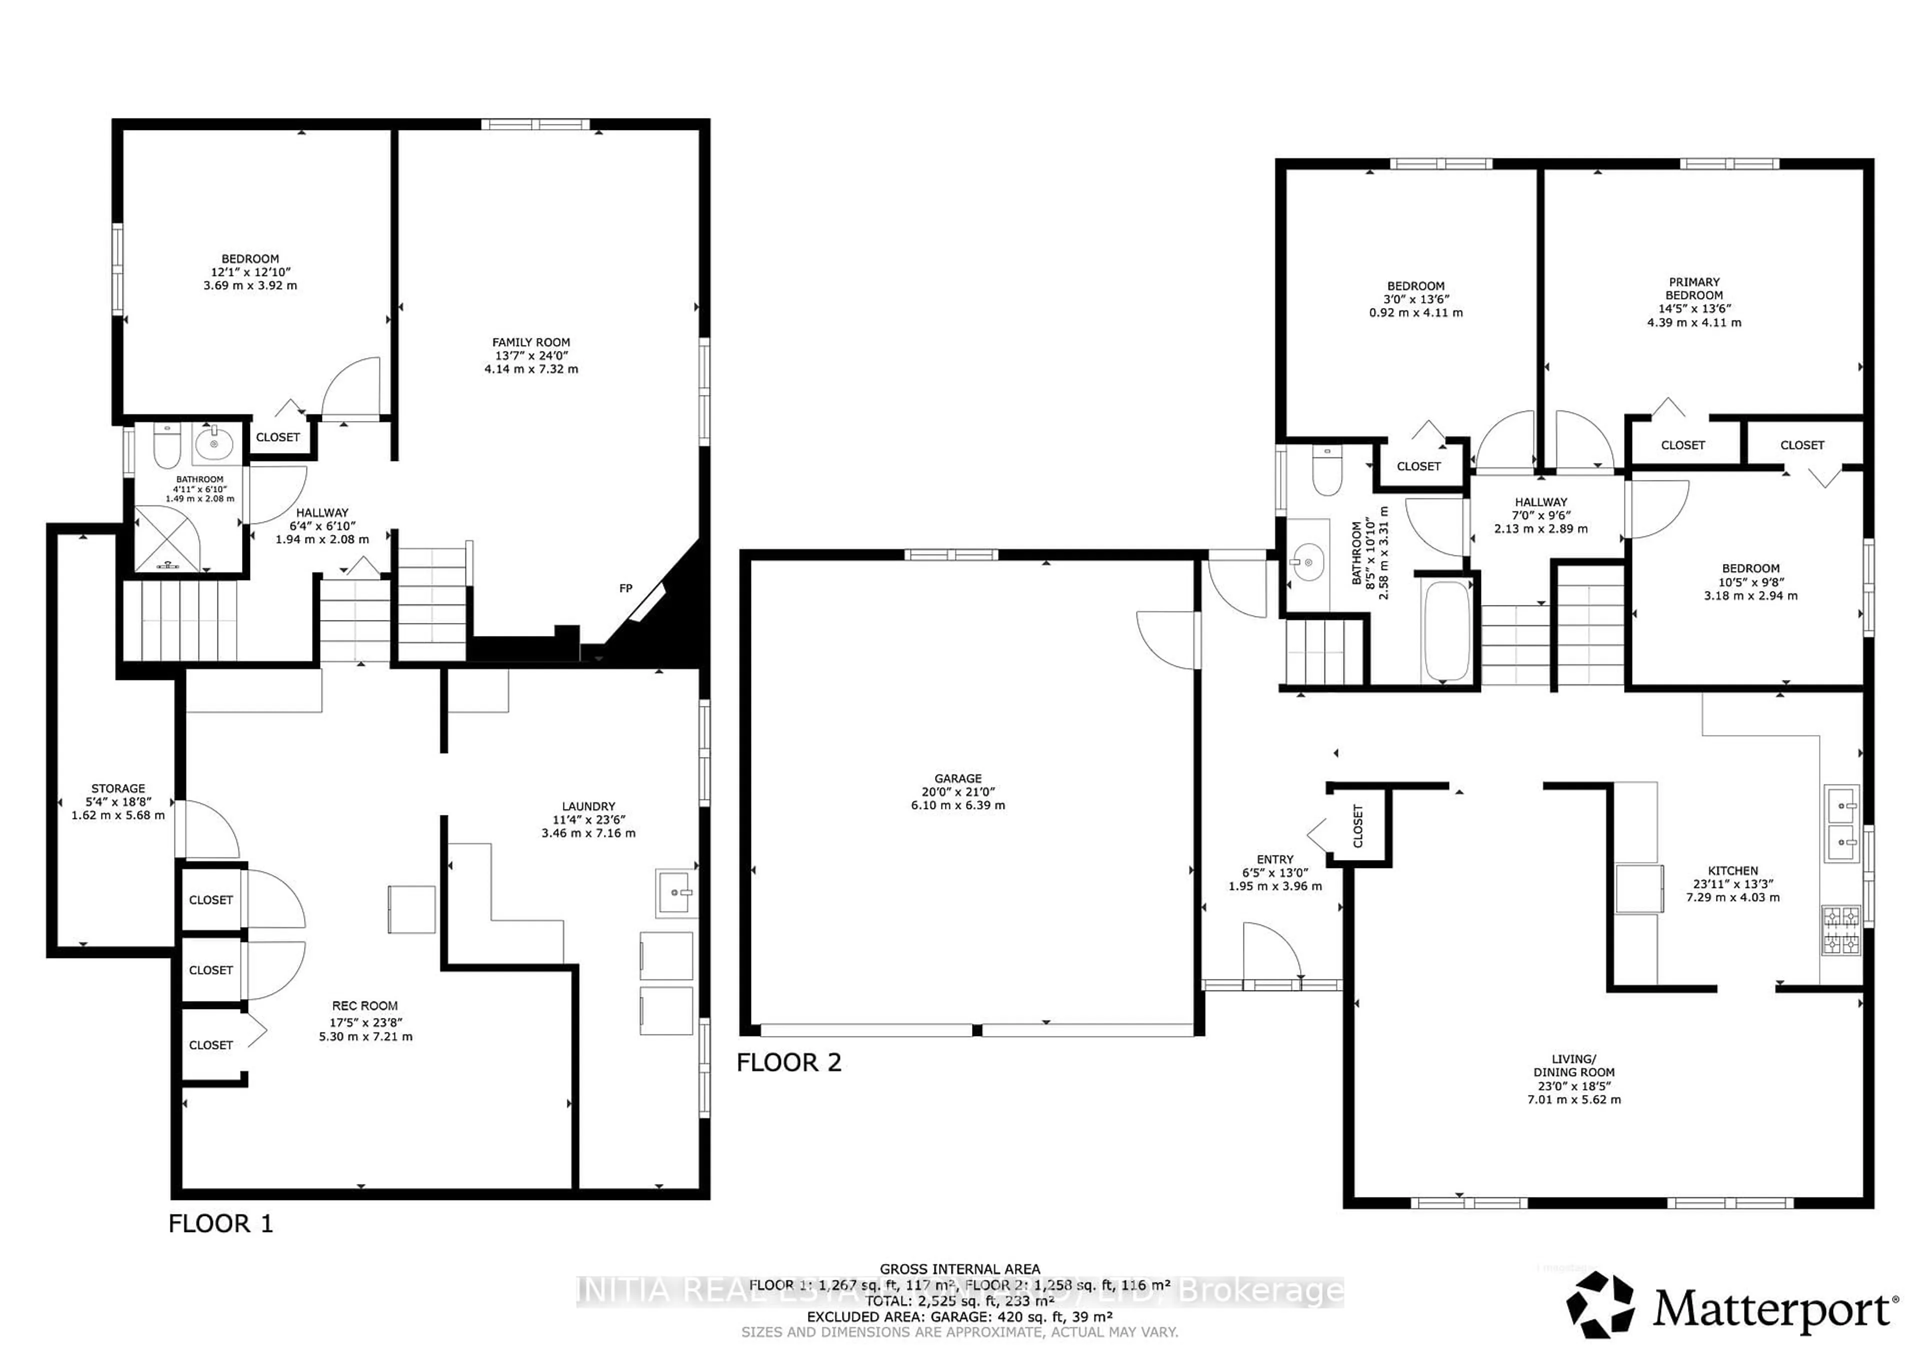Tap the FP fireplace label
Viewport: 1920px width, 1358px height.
(x=625, y=588)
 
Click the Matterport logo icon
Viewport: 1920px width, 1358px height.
(x=1599, y=1304)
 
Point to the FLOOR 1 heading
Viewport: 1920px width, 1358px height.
(x=221, y=1224)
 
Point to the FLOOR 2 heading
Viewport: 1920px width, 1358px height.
(x=788, y=1063)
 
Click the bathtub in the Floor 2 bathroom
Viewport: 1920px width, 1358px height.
(x=1446, y=631)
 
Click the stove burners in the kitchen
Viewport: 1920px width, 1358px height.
(x=1840, y=930)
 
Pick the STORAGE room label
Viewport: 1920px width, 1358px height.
(x=118, y=788)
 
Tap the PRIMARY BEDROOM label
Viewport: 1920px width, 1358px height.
(x=1693, y=288)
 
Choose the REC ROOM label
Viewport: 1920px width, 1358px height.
(x=364, y=1006)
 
